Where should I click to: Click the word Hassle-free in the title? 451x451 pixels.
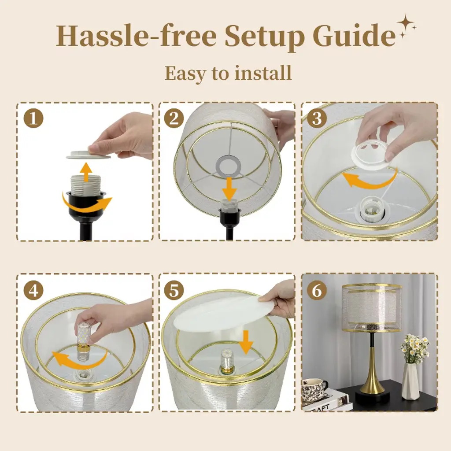tap(136, 36)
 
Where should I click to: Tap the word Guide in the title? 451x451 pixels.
tap(355, 37)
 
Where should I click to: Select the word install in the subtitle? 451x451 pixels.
tap(263, 73)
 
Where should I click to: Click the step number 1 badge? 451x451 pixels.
tap(33, 118)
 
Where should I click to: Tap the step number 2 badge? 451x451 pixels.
tap(174, 118)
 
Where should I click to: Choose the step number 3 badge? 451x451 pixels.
tap(317, 118)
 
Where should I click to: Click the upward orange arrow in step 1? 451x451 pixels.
tap(86, 172)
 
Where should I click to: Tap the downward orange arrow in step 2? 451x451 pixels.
tap(229, 189)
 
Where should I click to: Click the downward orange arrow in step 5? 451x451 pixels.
tap(246, 342)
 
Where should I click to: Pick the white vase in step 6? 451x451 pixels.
tap(410, 381)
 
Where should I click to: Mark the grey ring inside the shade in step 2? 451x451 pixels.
tap(229, 166)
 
